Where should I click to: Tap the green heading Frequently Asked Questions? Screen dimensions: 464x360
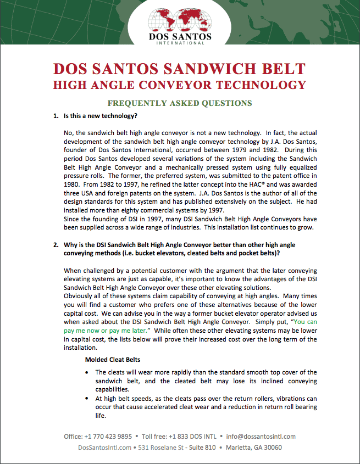(180, 103)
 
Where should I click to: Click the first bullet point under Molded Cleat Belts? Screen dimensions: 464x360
(89, 372)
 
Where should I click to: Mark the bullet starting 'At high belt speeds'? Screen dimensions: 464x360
(89, 398)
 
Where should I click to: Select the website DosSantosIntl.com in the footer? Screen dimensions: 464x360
(105, 448)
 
